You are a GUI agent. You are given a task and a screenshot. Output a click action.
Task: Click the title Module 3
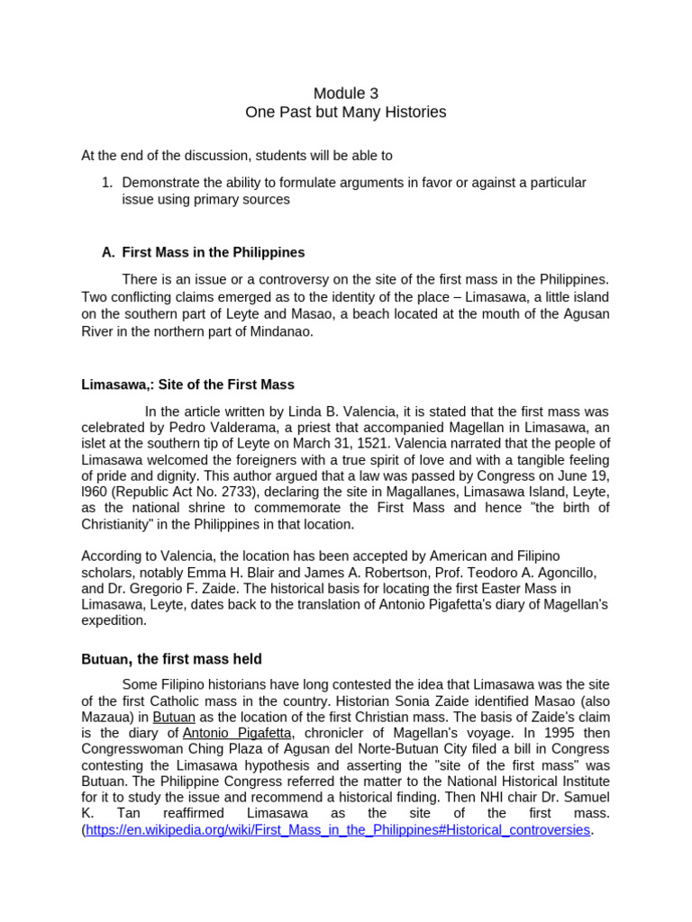coord(346,94)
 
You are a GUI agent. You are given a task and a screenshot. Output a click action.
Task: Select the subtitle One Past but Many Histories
coord(346,113)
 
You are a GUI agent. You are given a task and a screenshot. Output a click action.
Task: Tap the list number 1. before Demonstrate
coord(106,183)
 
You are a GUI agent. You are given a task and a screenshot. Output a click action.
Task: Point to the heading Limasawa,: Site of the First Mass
coord(187,384)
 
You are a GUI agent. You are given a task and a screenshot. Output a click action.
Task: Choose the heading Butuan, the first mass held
coord(171,660)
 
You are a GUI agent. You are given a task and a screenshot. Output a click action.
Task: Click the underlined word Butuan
coord(174,717)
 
